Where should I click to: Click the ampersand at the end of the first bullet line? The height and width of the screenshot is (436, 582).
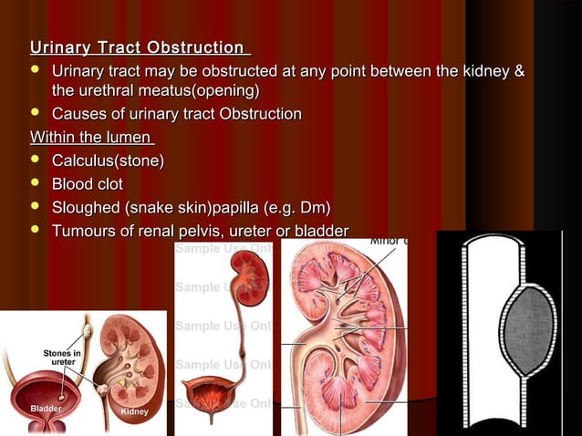[x=519, y=70]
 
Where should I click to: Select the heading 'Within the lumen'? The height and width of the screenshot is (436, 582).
[x=91, y=138]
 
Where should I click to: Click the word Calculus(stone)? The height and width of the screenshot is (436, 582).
[x=109, y=161]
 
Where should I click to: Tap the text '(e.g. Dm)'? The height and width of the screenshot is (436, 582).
[x=295, y=207]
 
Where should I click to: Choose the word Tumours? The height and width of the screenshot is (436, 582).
[x=86, y=231]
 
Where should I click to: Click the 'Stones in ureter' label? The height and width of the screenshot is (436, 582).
[x=63, y=357]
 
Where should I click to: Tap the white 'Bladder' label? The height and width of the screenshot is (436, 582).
[x=45, y=409]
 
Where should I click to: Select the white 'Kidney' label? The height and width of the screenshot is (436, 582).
[x=134, y=412]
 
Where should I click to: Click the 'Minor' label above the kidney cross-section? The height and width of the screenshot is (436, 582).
[x=387, y=242]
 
